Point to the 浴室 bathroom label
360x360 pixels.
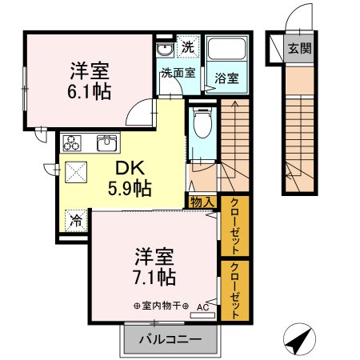[x=226, y=78]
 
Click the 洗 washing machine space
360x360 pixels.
[x=187, y=47]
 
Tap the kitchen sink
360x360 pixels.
[x=106, y=144]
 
